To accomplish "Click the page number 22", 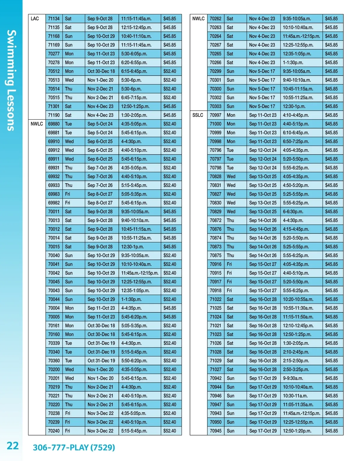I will tap(13, 446).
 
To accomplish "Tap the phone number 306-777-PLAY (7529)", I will tap(74, 448).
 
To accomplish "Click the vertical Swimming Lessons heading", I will tap(11, 80).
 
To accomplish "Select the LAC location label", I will tap(35, 19).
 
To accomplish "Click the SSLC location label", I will tap(198, 115).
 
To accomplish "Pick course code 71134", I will tap(54, 19).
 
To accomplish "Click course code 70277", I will tap(54, 54).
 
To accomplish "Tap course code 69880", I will tap(54, 124).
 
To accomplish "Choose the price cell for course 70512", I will tap(170, 71).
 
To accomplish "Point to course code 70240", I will tap(54, 431).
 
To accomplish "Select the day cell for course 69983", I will tap(68, 194).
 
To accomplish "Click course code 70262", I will tap(215, 19).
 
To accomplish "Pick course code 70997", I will tap(215, 115).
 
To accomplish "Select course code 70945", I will tap(215, 431).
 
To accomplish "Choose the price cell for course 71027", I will tap(331, 370).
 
